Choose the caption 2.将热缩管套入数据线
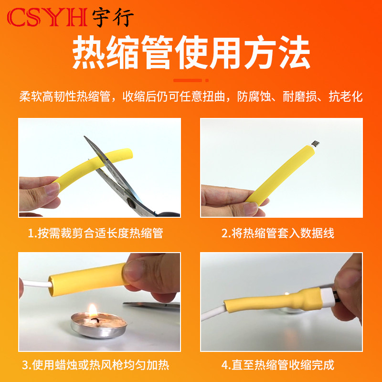(x=277, y=233)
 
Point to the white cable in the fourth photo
(x=215, y=315)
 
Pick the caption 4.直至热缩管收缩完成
(x=277, y=366)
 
